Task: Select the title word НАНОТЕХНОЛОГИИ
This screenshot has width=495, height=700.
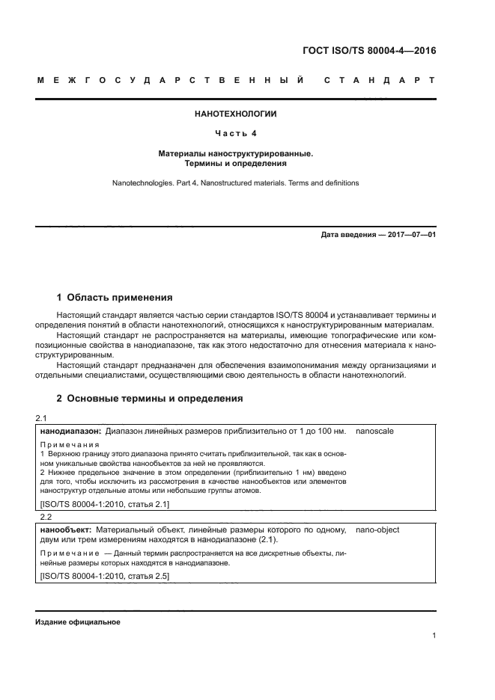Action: [236, 114]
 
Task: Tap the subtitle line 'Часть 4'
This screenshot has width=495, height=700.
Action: [236, 134]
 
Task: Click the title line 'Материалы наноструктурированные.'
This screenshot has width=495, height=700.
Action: [236, 153]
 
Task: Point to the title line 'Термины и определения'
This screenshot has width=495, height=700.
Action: [236, 163]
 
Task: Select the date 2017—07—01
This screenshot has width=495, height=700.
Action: [411, 235]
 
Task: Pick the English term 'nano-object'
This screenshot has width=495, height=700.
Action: [377, 529]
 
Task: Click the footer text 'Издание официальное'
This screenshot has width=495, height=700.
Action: [78, 622]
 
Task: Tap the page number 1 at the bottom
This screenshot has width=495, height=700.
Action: [434, 636]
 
